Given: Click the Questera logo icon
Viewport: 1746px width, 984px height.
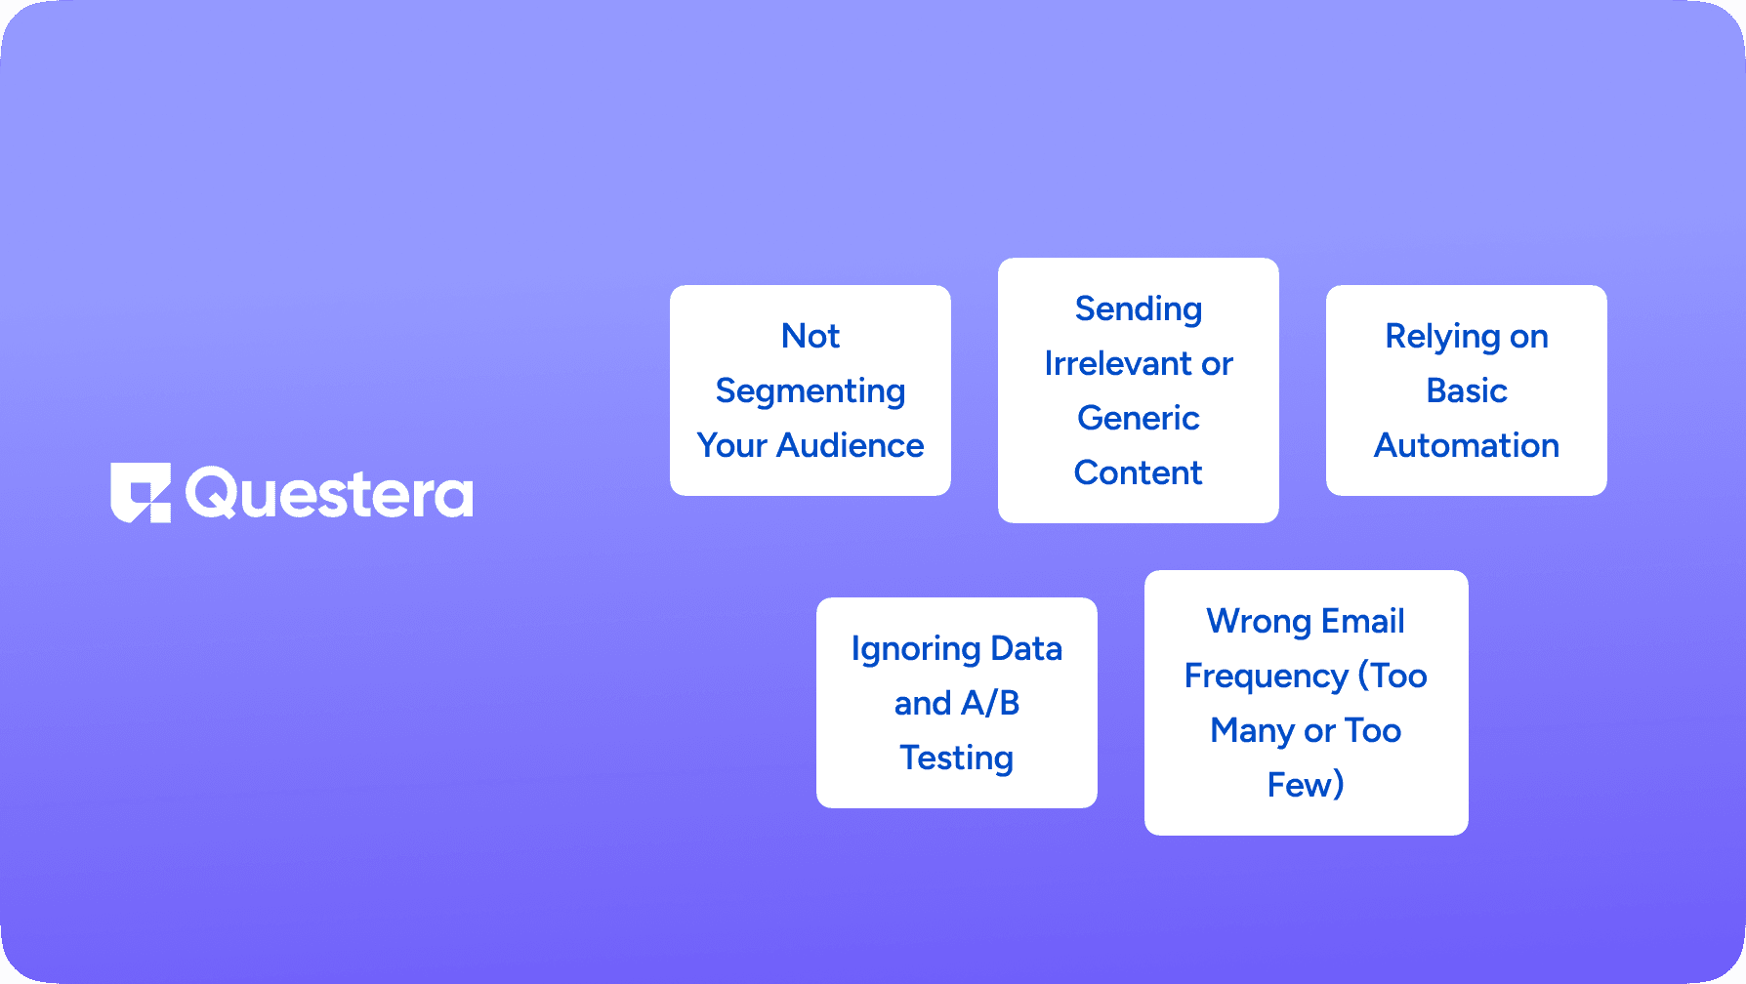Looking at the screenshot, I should (141, 493).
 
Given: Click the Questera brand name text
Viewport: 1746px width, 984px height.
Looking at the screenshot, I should (329, 494).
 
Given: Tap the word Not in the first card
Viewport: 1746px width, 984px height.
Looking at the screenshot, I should (811, 336).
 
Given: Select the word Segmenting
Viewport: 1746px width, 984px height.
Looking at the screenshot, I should (811, 391).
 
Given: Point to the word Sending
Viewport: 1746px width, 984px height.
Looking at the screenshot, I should (1139, 309).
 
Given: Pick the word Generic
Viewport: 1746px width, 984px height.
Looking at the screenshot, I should (1139, 418).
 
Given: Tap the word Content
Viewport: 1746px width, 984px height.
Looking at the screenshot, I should (1139, 472).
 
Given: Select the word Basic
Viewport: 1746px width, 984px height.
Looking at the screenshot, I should (1467, 390).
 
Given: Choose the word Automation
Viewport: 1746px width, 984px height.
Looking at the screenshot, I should (1467, 445).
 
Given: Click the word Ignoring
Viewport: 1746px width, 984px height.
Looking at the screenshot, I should (915, 649).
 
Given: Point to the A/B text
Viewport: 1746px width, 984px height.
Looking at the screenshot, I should (990, 703).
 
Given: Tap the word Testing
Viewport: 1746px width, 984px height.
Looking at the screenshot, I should (957, 758).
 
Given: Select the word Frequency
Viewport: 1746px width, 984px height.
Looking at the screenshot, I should (1266, 676).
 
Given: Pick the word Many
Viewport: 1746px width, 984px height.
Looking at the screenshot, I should (1252, 731).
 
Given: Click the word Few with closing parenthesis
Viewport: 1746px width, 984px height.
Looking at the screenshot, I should (1306, 785).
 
